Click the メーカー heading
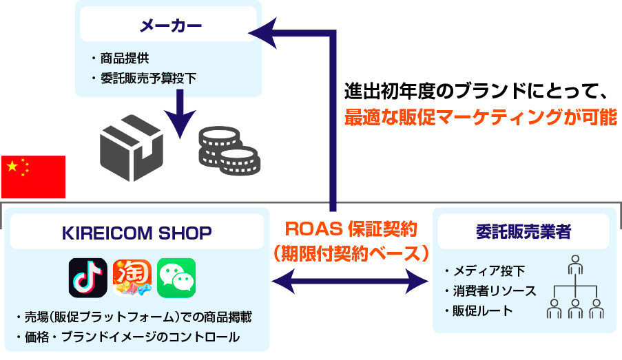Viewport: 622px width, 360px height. point(171,25)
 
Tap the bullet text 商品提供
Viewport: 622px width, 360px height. point(125,59)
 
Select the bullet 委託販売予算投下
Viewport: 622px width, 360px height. point(148,78)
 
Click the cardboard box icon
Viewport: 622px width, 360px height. point(132,148)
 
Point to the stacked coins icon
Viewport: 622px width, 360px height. point(229,151)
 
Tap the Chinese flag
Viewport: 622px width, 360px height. point(33,177)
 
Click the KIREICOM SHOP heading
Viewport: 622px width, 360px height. point(137,233)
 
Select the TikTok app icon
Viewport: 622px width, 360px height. point(87,277)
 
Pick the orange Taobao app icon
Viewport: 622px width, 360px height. point(132,277)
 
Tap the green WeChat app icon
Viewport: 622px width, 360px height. point(176,277)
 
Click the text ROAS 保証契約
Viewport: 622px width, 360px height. point(351,229)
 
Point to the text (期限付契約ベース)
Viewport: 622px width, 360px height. point(351,253)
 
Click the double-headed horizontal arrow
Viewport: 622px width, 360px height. point(350,282)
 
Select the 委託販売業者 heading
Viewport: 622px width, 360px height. point(523,232)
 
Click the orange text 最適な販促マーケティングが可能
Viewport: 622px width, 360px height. point(480,117)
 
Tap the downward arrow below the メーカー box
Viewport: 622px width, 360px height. point(180,114)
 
